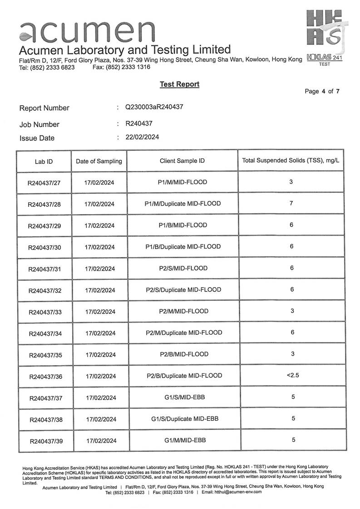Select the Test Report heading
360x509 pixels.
coord(179,84)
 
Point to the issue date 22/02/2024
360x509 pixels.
coord(142,137)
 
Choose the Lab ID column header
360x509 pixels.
coord(44,162)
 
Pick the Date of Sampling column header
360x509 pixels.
coord(99,161)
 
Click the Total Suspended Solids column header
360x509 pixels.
coord(291,161)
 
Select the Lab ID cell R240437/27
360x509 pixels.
coord(44,183)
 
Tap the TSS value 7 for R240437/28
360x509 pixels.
coord(291,203)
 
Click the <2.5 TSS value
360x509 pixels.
coord(293,375)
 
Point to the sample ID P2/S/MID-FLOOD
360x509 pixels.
coord(183,268)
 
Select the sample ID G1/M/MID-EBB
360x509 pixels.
coord(185,440)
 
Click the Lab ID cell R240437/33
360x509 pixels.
coord(45,312)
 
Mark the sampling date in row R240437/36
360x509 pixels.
coord(101,376)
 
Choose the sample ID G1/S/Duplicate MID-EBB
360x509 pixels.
coord(185,418)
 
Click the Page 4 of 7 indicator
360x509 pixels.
coord(322,91)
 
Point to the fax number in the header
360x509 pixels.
coord(121,67)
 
